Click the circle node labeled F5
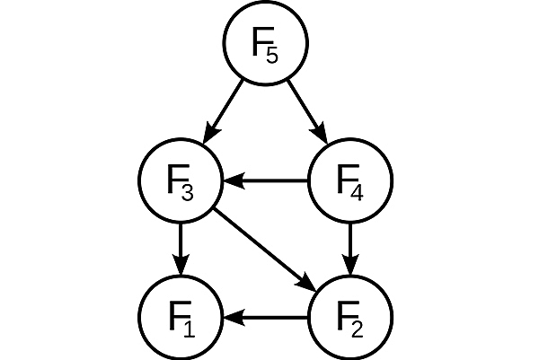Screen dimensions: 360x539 pyautogui.click(x=266, y=44)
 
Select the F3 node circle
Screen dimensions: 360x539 pyautogui.click(x=181, y=180)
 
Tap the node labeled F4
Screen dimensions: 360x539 pyautogui.click(x=350, y=180)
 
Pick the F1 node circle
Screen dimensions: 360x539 pyautogui.click(x=181, y=317)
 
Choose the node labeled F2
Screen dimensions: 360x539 pyautogui.click(x=350, y=317)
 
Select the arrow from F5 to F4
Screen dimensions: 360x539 pyautogui.click(x=308, y=112)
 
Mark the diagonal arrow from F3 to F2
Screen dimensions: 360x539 pyautogui.click(x=266, y=249)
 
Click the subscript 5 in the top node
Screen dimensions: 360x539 pyautogui.click(x=272, y=55)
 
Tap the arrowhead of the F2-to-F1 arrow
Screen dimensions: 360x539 pyautogui.click(x=232, y=317)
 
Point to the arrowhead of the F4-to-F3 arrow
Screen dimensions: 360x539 pyautogui.click(x=232, y=180)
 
